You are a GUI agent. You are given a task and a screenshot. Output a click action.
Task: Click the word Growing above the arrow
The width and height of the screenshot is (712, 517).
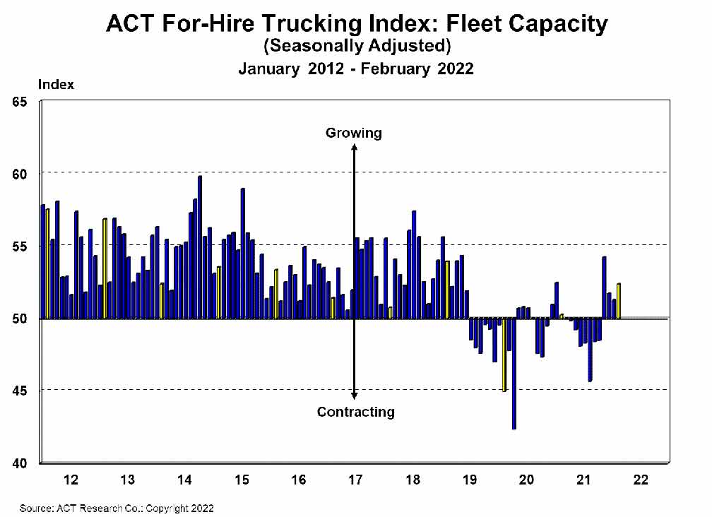(x=353, y=133)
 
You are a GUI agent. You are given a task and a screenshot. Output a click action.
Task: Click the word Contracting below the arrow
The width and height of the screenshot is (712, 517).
(x=355, y=412)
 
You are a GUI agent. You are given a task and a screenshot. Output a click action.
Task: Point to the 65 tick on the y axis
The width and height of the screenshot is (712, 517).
(x=20, y=102)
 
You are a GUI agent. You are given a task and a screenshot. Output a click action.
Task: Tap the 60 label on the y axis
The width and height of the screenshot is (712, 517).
(x=20, y=174)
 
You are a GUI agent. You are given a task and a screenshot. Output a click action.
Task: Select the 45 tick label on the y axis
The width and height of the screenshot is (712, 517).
(x=20, y=391)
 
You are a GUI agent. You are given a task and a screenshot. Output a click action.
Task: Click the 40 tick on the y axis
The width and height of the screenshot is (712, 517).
(x=20, y=463)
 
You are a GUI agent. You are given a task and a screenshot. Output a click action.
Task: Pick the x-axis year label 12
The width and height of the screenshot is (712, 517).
(x=71, y=480)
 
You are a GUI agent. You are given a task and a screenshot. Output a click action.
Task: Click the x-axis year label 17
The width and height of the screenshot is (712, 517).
(x=355, y=480)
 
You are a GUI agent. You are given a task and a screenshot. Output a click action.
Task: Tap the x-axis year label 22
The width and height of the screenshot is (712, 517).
(x=641, y=480)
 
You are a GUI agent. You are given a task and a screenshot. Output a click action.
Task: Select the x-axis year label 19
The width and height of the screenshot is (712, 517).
(x=470, y=480)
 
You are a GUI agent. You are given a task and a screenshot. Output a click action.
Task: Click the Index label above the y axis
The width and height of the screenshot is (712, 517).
(x=56, y=85)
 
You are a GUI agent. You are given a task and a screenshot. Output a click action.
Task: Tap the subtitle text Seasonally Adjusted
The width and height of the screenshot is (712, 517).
(x=356, y=47)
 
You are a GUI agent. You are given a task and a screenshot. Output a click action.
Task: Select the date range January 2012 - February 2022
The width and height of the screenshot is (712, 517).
(x=356, y=69)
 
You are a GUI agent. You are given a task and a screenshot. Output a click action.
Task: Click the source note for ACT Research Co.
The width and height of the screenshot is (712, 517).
(x=117, y=508)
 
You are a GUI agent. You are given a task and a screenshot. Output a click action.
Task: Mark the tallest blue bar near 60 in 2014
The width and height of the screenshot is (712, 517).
(x=200, y=247)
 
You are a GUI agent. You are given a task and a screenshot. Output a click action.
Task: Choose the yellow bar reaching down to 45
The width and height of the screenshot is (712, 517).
(x=504, y=354)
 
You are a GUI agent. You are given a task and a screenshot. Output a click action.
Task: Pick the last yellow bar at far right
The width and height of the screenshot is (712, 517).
(x=619, y=301)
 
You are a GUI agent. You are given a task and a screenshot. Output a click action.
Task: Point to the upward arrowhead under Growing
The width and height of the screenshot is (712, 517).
(x=355, y=148)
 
